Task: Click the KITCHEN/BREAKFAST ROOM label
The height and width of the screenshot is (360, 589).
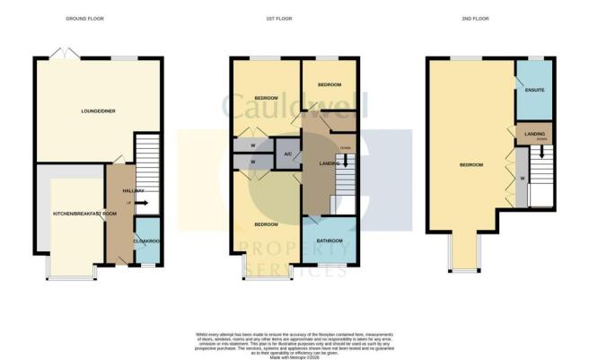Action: [85, 214]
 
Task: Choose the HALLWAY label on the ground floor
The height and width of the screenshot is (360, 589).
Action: [119, 191]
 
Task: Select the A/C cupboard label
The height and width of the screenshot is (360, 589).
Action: [286, 154]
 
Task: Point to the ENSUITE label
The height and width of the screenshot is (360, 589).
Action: [534, 92]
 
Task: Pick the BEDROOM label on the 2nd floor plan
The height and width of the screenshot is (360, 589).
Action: [471, 165]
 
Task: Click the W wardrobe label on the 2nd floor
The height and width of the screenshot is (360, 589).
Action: [521, 178]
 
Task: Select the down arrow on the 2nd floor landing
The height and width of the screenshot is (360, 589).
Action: [541, 149]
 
